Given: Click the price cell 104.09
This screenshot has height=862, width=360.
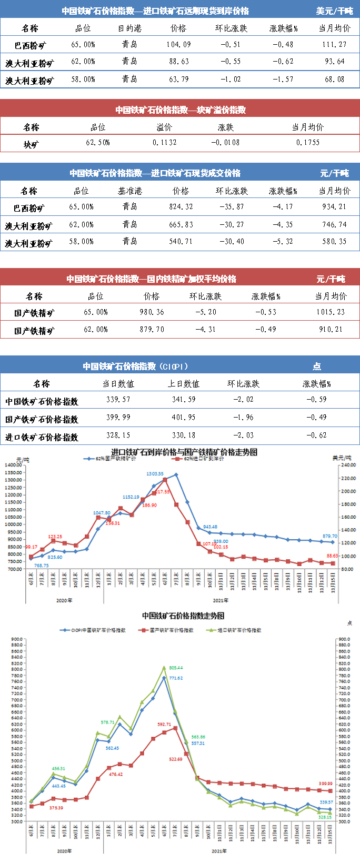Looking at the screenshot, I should (x=178, y=45).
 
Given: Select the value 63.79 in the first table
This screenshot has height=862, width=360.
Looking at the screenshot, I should (x=178, y=80).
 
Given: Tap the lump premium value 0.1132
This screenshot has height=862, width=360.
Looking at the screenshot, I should (x=165, y=143).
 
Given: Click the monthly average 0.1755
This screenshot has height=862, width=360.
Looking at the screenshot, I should (x=308, y=143).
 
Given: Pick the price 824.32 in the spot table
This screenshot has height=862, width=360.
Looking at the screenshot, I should (x=181, y=207).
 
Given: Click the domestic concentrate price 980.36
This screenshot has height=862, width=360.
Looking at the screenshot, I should (x=152, y=312).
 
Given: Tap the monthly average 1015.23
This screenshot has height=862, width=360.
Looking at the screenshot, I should (x=331, y=312).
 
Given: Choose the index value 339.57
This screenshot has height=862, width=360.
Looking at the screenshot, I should (x=118, y=400).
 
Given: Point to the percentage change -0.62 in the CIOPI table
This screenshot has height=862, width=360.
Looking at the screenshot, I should (x=316, y=435).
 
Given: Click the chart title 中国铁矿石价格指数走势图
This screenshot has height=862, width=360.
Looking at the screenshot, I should (x=183, y=616).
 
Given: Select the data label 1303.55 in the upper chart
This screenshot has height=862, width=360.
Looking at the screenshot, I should (x=154, y=474).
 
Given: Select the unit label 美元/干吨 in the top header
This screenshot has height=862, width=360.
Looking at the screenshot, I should (x=335, y=11).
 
